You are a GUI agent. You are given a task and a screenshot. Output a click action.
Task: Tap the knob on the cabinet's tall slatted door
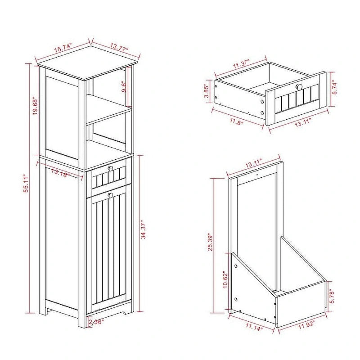point(110,195)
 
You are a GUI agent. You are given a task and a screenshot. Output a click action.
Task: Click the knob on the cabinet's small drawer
point(110,168)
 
